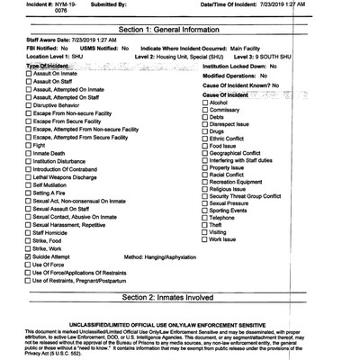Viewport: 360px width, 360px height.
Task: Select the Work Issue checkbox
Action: tap(205, 238)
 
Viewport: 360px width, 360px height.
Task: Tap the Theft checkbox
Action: tap(205, 223)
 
